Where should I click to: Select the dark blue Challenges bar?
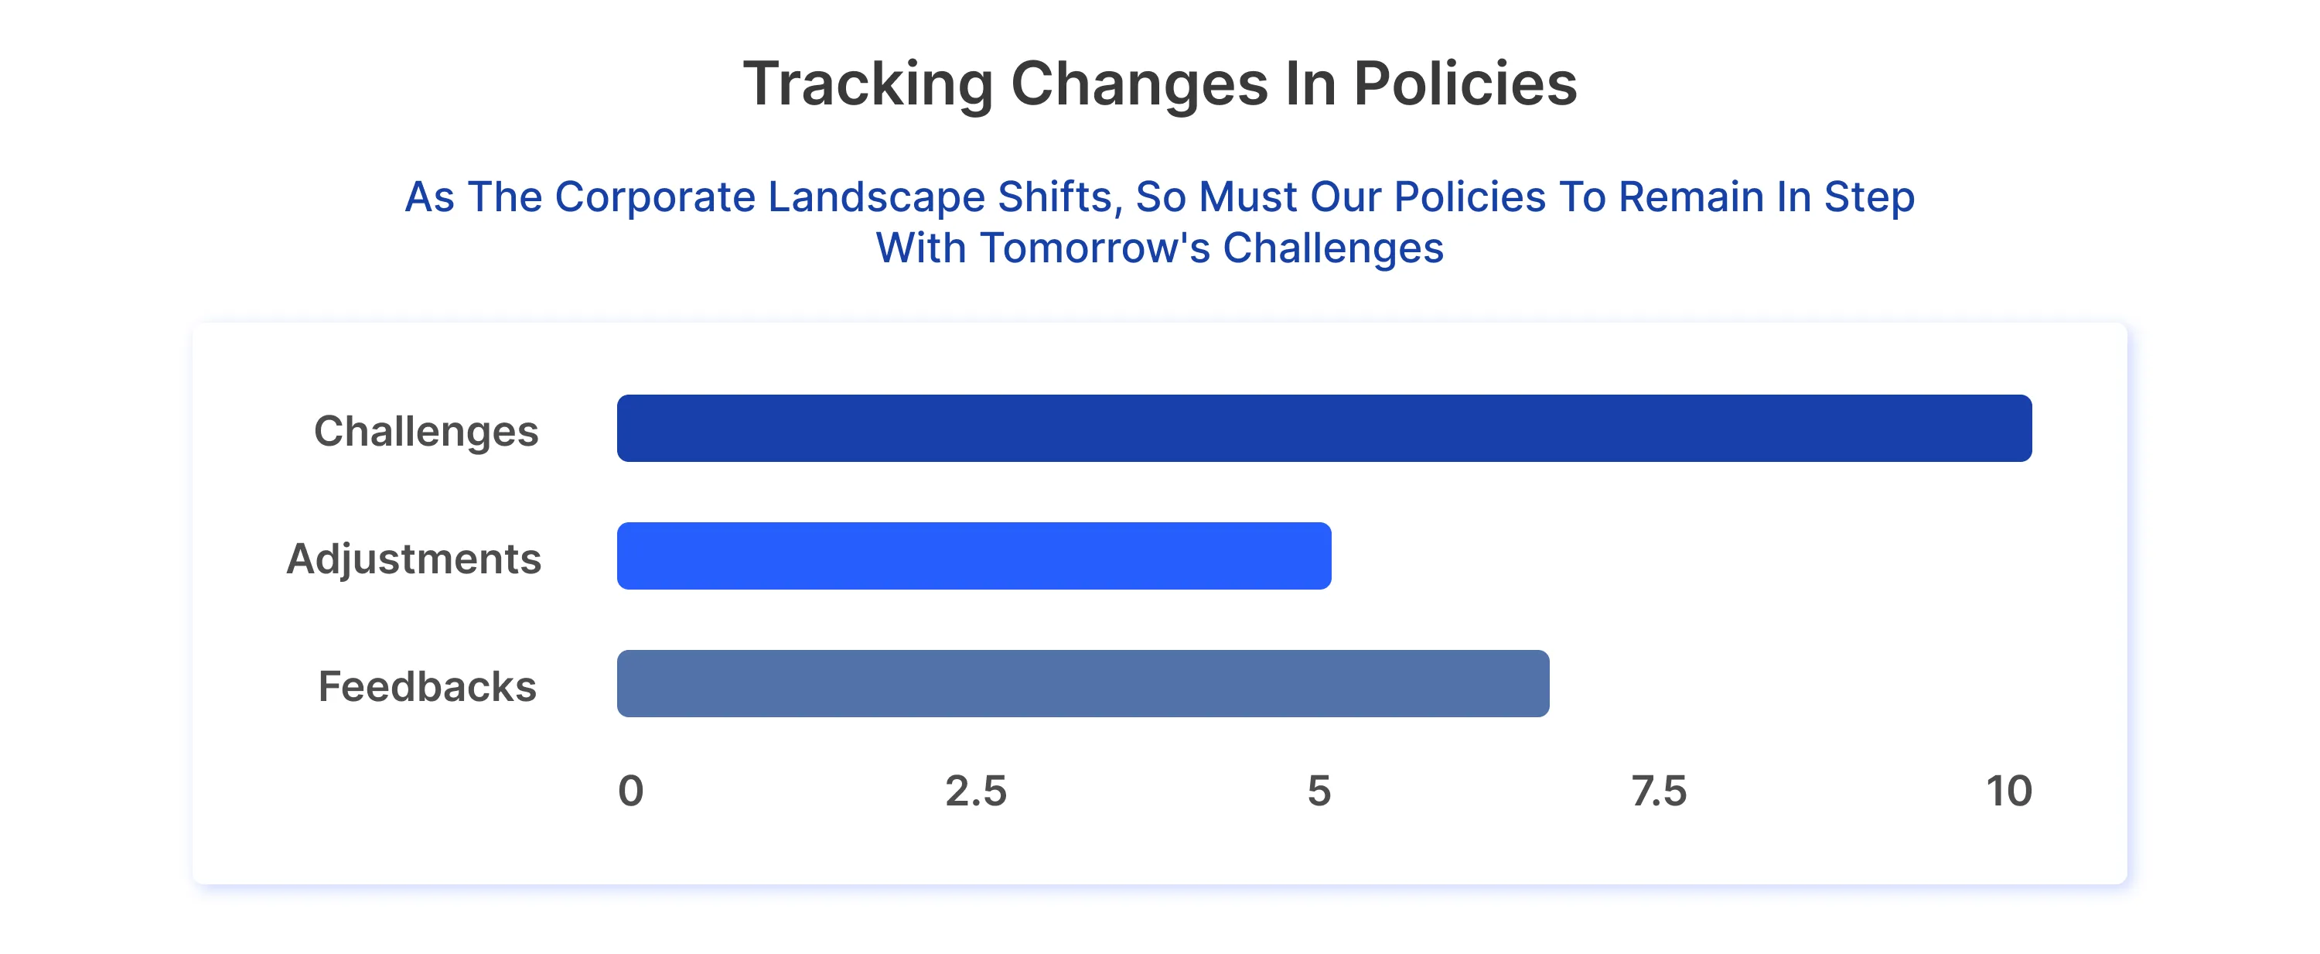1324,428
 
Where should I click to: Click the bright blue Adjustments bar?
974,556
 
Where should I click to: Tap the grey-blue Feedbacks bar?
1083,684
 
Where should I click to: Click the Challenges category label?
426,431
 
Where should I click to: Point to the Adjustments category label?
414,559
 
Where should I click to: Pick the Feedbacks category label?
427,686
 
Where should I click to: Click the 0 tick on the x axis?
630,791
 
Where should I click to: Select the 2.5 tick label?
975,791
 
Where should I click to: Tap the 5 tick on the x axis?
1319,791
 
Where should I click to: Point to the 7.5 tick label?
1659,791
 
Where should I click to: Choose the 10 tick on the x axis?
2008,791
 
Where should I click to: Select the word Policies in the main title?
1465,84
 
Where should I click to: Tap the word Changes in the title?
1139,84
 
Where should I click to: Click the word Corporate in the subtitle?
655,197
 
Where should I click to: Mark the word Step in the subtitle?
1869,197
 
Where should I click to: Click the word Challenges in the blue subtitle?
1333,248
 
